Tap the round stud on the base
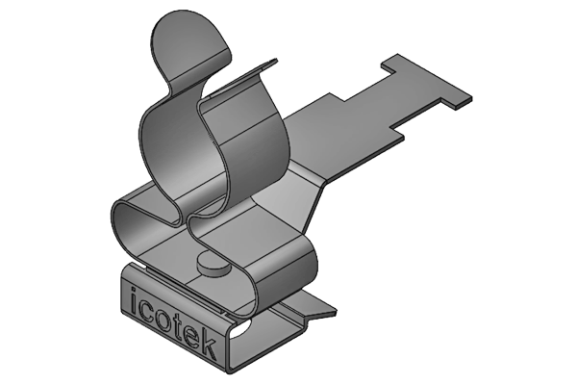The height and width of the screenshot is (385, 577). click(211, 263)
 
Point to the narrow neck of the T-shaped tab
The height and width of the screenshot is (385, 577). click(375, 100)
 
